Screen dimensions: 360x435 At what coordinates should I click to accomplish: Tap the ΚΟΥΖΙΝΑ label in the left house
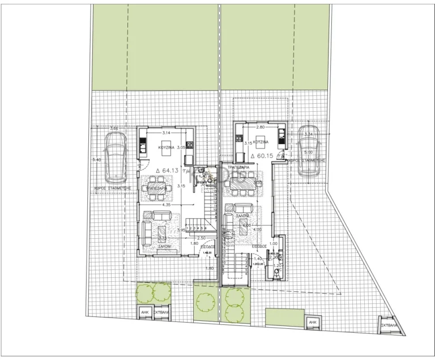(x=167, y=147)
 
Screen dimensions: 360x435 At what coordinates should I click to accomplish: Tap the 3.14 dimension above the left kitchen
(x=167, y=133)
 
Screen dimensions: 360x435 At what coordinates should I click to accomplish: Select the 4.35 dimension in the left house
(x=165, y=205)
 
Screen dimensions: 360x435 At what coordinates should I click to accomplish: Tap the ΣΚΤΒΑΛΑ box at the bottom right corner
(x=389, y=327)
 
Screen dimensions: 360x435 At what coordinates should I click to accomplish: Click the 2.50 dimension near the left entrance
(x=201, y=238)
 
